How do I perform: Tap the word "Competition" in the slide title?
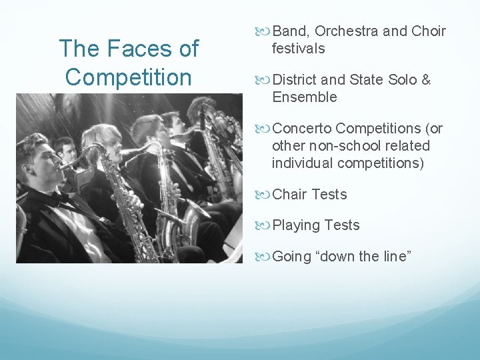tap(129, 77)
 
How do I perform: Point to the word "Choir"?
tap(429, 31)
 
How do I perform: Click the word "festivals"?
tap(298, 48)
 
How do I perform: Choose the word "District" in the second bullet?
tap(295, 80)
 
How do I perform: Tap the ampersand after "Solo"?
tap(425, 80)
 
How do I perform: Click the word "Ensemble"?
tap(304, 97)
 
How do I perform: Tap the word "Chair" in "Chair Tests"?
tap(289, 194)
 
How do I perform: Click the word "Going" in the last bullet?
tap(292, 257)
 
